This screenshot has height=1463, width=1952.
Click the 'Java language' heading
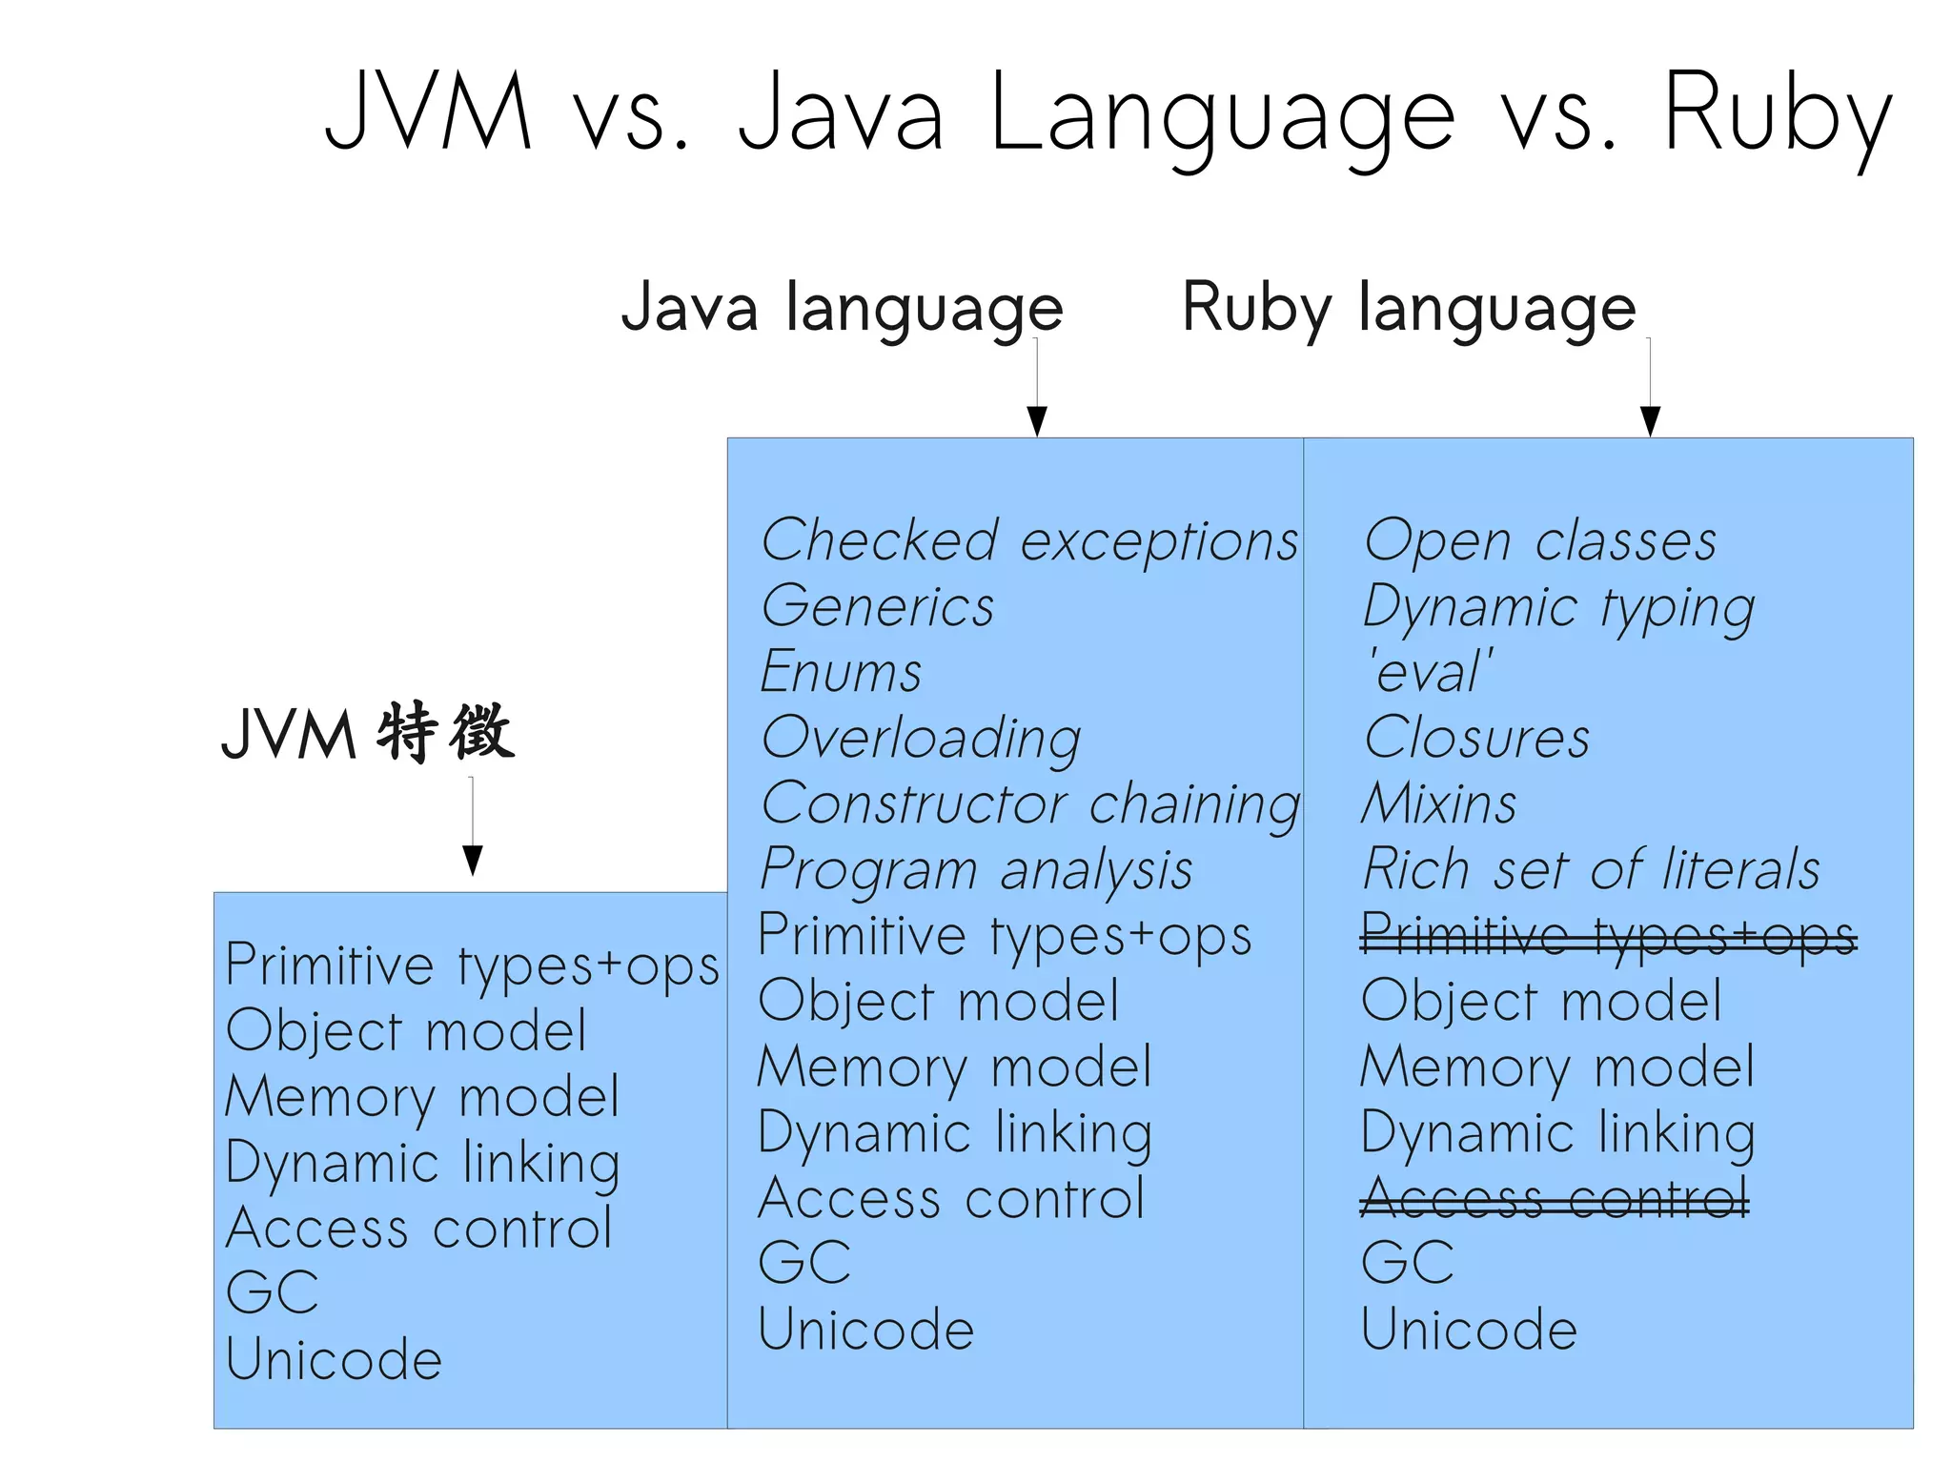pyautogui.click(x=842, y=309)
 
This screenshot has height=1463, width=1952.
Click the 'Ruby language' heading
pyautogui.click(x=1409, y=309)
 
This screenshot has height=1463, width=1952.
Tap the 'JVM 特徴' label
pyautogui.click(x=368, y=733)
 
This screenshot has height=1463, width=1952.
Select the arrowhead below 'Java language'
pyautogui.click(x=1037, y=420)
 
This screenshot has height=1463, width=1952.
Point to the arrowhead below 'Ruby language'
pyautogui.click(x=1650, y=420)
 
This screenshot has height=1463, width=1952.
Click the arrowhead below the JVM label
pyautogui.click(x=472, y=860)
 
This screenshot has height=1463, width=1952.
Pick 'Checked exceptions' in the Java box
pyautogui.click(x=1029, y=541)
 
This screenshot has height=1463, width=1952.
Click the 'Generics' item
pyautogui.click(x=877, y=607)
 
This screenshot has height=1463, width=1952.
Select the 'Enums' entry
pyautogui.click(x=841, y=672)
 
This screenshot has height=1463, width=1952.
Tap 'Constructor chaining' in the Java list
pyautogui.click(x=1029, y=804)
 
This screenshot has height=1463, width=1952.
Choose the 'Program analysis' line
pyautogui.click(x=976, y=870)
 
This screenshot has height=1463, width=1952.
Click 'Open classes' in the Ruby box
pyautogui.click(x=1539, y=541)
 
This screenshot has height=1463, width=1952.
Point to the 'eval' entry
pyautogui.click(x=1430, y=672)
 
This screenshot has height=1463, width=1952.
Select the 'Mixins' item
pyautogui.click(x=1439, y=804)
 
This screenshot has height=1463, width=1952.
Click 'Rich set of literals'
pyautogui.click(x=1591, y=870)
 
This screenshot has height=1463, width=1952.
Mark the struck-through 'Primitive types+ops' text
pyautogui.click(x=1608, y=936)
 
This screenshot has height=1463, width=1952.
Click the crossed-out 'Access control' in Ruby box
pyautogui.click(x=1554, y=1198)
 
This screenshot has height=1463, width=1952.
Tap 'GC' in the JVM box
pyautogui.click(x=273, y=1293)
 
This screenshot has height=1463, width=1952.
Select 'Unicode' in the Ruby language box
pyautogui.click(x=1469, y=1330)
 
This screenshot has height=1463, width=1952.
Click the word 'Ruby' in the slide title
pyautogui.click(x=1777, y=114)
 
